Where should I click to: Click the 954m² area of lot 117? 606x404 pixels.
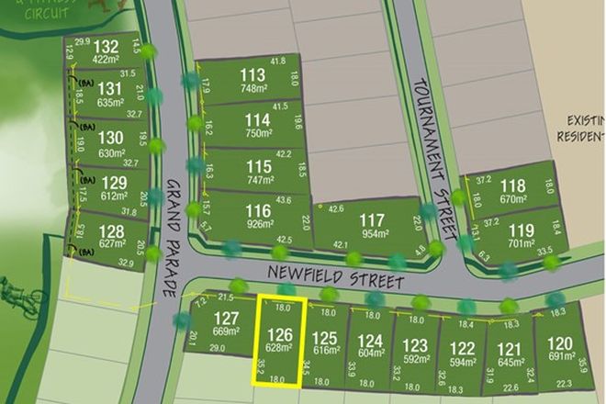point(373,233)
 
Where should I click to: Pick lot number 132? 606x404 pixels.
point(107,47)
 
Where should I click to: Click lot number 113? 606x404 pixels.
point(252,75)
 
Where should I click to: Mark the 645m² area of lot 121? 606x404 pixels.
point(511,364)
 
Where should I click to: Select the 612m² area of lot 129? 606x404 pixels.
point(113,196)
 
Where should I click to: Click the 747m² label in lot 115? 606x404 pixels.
point(260,181)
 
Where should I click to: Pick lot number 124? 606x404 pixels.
point(371,341)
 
